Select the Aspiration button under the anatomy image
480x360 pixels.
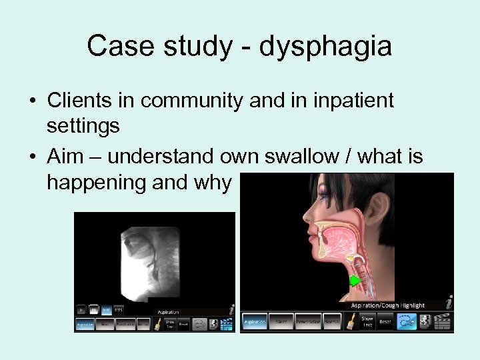pyautogui.click(x=255, y=321)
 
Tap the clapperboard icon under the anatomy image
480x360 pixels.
pyautogui.click(x=445, y=321)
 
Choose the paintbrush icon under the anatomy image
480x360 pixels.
pyautogui.click(x=351, y=321)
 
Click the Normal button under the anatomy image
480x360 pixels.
pyautogui.click(x=332, y=321)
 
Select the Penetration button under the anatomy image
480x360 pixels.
pyautogui.click(x=308, y=321)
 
